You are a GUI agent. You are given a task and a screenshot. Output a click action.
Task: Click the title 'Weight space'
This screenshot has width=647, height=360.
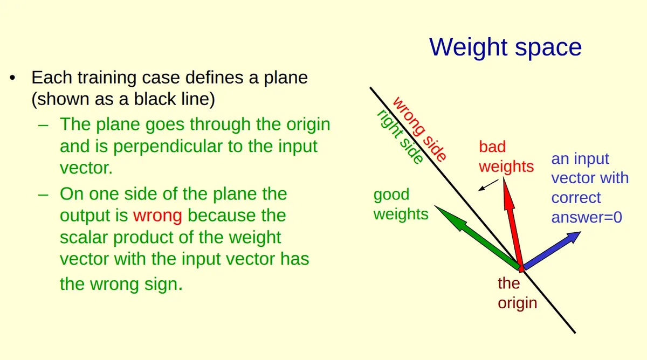[x=505, y=47]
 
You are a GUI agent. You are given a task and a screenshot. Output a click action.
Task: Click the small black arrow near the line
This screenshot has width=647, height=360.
[x=488, y=185]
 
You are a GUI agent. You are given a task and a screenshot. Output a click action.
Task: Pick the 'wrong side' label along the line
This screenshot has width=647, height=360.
[x=419, y=129]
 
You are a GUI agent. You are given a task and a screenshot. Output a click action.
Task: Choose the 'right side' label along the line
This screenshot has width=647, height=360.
[x=400, y=137]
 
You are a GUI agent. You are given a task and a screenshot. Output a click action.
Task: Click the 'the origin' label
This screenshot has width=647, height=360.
[x=517, y=293]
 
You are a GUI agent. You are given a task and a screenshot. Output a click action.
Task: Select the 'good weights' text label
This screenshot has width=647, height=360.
[x=401, y=204]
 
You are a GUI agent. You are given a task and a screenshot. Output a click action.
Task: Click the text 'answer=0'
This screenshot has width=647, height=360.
[x=586, y=217]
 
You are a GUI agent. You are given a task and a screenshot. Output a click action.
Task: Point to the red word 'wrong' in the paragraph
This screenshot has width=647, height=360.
[x=157, y=216]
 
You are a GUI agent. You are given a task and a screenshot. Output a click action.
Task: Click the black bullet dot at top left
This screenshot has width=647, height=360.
[x=12, y=79]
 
